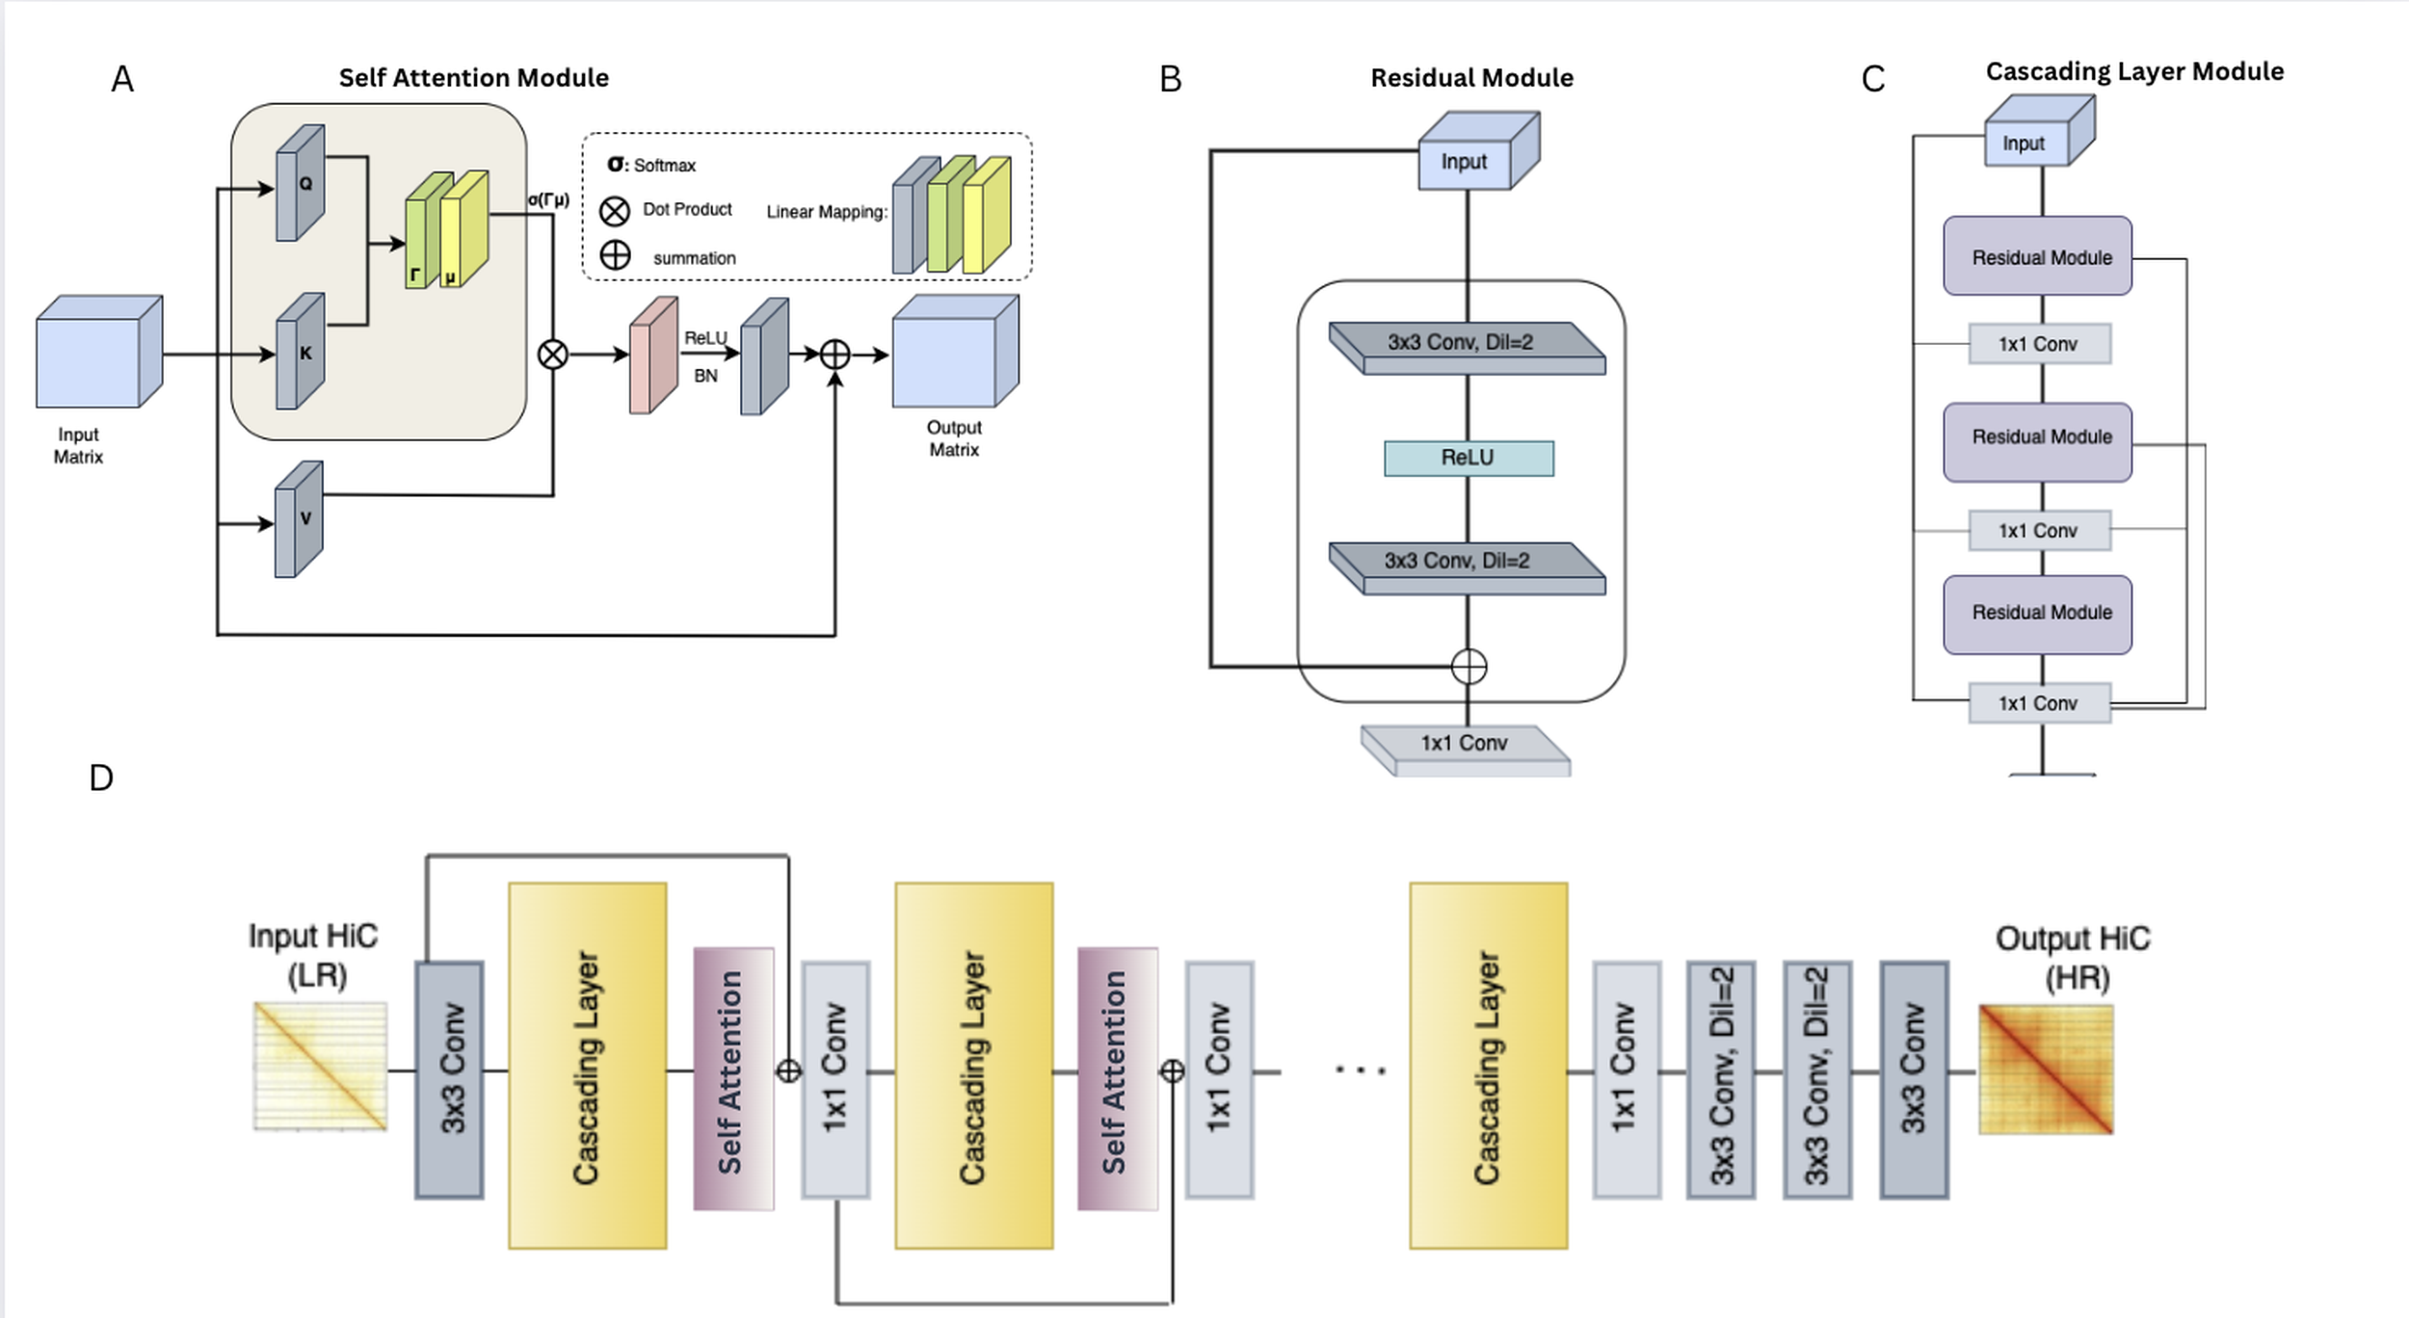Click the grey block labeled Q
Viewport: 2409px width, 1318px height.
coord(300,183)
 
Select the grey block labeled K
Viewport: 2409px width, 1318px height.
coord(300,353)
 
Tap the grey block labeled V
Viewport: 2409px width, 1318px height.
coord(299,519)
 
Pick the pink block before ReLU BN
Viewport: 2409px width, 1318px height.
coord(652,356)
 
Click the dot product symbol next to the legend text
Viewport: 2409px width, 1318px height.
coord(615,211)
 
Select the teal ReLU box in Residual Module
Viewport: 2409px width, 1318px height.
coord(1469,459)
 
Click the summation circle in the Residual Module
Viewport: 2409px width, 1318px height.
coord(1469,667)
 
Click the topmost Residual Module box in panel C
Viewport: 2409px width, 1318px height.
coord(2037,257)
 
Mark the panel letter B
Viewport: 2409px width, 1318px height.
coord(1170,80)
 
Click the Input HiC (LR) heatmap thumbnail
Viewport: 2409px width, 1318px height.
coord(320,1066)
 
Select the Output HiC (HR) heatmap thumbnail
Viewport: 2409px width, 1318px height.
coord(2046,1069)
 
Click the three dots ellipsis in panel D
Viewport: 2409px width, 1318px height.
coord(1360,1069)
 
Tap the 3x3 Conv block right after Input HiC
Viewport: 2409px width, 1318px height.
coord(449,1079)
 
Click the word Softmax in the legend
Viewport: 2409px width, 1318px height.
coord(665,166)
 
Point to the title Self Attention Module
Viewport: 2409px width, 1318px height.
coord(473,78)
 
